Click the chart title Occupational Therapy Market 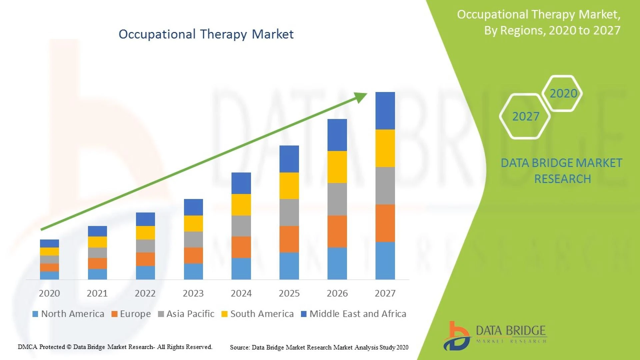tap(206, 34)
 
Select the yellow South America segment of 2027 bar tap(385, 148)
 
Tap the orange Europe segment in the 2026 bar tap(337, 231)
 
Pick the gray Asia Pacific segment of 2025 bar tap(289, 212)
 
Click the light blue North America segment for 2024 tap(241, 268)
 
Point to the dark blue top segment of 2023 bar tap(193, 207)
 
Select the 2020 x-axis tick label tap(49, 293)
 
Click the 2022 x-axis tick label tap(145, 293)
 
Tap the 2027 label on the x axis tap(385, 293)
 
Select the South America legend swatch tap(224, 314)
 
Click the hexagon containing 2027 tap(525, 116)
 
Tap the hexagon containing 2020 tap(563, 93)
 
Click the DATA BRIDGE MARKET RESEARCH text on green tap(562, 171)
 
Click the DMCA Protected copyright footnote tap(115, 347)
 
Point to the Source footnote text tap(319, 347)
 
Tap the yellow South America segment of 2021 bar tap(97, 242)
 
